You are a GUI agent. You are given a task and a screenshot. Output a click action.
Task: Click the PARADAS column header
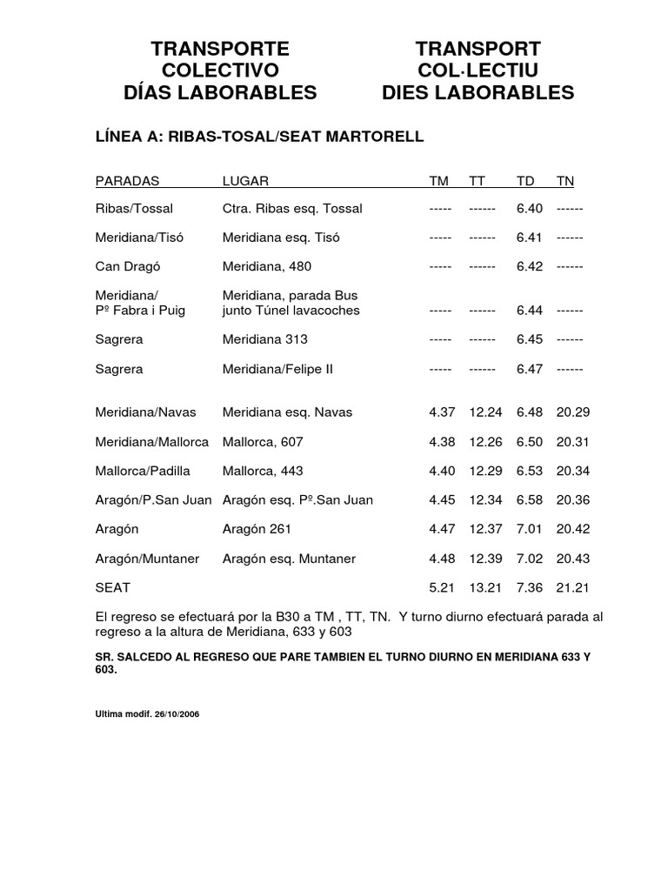pos(127,181)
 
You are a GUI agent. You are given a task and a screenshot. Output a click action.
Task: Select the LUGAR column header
pos(245,181)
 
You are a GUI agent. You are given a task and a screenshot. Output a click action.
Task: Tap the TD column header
pos(525,181)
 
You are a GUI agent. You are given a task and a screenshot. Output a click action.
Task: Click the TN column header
pos(565,181)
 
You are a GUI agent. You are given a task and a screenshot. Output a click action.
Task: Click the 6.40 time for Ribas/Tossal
pos(529,209)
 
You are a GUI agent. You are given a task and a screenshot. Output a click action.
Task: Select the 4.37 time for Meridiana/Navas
pos(442,412)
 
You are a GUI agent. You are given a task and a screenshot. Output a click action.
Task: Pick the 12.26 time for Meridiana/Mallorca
pos(485,442)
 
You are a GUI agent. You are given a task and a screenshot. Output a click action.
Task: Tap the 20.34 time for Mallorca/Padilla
pos(573,471)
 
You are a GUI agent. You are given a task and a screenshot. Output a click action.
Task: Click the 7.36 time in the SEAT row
pos(529,589)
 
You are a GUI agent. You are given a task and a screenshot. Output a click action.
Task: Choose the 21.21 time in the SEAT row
pos(573,589)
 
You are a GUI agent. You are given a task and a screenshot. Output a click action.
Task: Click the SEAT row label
pos(113,589)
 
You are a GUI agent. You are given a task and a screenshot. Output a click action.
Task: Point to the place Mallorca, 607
pos(263,442)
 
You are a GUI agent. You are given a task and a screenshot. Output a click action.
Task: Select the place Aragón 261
pos(257,529)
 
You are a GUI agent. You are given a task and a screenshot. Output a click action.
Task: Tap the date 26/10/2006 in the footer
pos(177,713)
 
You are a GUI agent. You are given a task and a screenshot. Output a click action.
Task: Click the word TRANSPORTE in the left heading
pos(220,49)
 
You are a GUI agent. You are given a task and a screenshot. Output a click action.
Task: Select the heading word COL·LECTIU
pos(478,70)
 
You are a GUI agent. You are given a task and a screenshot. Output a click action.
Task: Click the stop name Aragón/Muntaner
pos(151,559)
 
